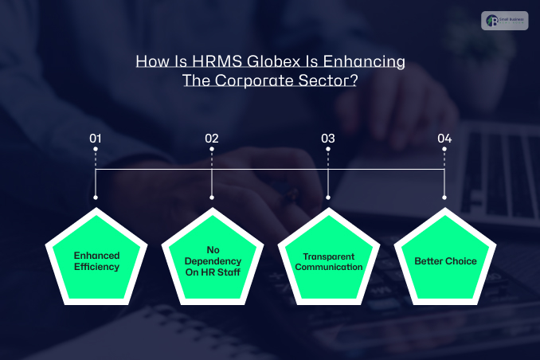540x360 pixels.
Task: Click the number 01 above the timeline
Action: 96,139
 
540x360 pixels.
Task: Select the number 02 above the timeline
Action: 212,139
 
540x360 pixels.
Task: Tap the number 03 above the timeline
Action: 328,139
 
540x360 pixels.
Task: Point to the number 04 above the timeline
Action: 444,139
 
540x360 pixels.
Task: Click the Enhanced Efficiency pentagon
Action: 96,260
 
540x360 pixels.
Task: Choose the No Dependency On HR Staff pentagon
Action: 213,260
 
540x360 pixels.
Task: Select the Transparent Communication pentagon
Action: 328,260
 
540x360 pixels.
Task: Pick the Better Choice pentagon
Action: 444,260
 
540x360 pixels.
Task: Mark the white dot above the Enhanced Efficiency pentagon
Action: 96,197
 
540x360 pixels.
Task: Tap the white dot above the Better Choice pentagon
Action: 444,197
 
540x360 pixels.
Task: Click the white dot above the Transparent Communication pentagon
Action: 328,197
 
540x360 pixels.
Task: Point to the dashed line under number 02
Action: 212,158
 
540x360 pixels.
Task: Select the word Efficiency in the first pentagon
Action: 96,267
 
